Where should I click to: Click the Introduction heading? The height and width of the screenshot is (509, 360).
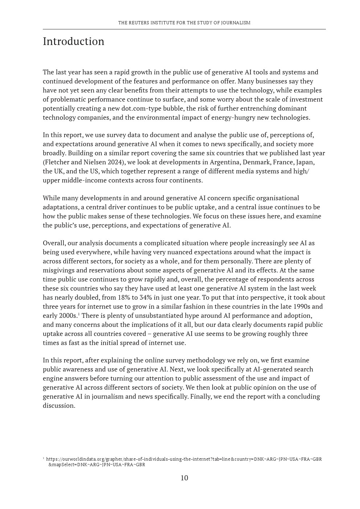click(73, 41)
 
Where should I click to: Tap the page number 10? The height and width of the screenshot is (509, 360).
click(184, 478)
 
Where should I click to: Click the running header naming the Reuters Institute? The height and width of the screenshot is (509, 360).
click(184, 22)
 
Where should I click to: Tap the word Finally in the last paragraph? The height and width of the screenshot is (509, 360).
click(201, 397)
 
